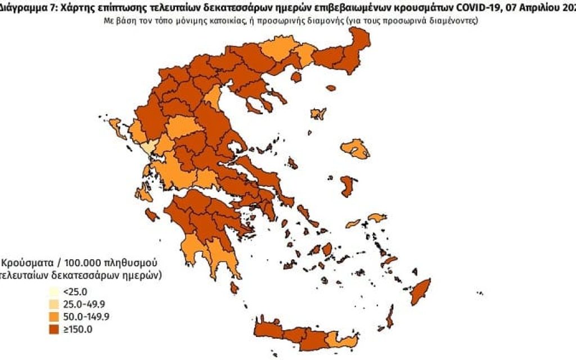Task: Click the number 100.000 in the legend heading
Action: (78, 263)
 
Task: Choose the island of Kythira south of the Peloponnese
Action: (234, 287)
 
